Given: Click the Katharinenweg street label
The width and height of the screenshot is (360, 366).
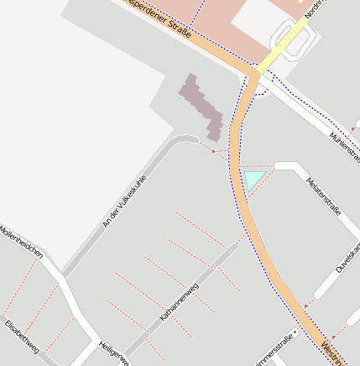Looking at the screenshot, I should point(179,303).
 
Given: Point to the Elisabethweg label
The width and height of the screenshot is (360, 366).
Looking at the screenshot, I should point(22,337).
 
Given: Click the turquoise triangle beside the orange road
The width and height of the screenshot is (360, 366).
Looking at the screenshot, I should point(253,178).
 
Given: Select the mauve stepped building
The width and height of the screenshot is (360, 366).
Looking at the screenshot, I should point(202,106).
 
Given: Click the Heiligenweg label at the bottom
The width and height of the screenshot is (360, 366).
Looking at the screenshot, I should point(113,352).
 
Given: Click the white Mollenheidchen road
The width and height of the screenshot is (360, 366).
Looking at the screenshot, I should point(59,277).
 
